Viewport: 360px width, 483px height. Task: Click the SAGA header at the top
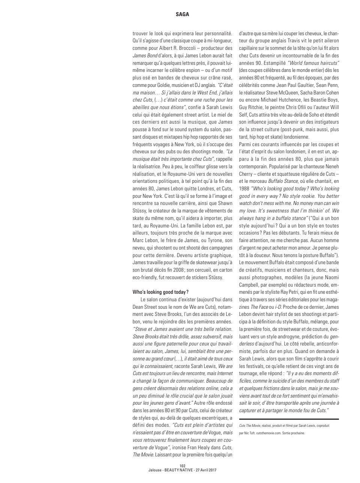[x=182, y=15]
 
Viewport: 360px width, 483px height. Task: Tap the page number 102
[x=183, y=466]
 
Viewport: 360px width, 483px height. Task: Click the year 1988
[x=245, y=189]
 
